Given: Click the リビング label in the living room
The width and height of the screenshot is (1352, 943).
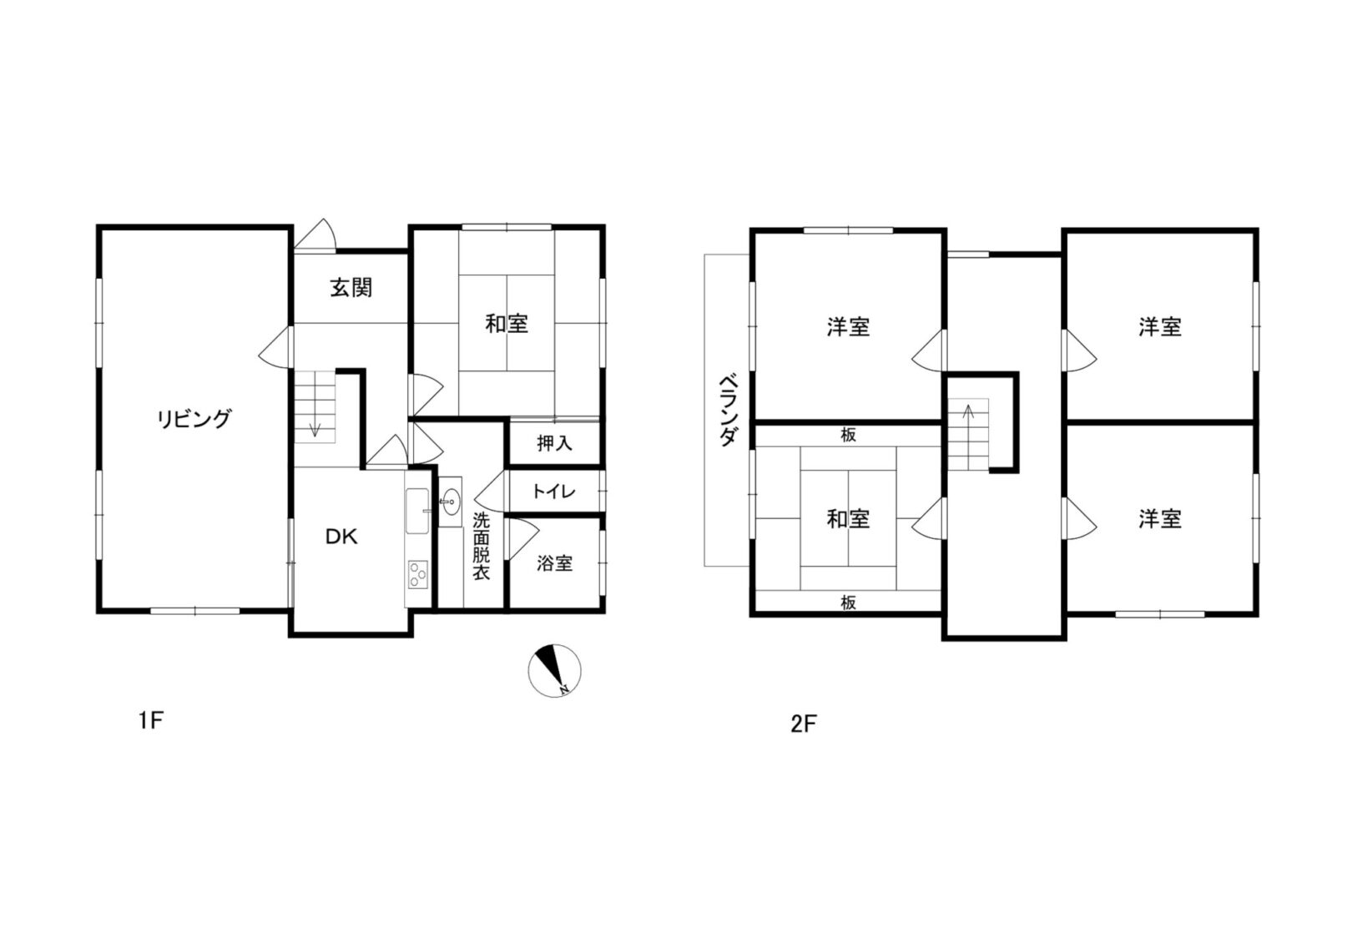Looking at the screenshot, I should click(194, 419).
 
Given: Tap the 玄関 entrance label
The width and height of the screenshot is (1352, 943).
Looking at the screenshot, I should click(351, 289).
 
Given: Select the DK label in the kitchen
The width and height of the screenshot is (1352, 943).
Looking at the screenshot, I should click(341, 537).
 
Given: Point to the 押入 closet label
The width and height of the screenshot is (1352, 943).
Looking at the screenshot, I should click(554, 443).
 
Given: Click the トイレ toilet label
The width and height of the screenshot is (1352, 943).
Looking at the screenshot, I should click(554, 492).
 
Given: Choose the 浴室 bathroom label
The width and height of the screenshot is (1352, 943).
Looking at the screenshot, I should click(554, 563).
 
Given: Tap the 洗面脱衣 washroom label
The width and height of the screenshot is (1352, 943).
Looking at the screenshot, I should click(482, 547).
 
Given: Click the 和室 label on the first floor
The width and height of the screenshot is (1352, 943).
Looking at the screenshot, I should click(507, 324).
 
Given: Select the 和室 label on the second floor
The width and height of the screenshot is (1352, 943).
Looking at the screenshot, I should click(848, 519).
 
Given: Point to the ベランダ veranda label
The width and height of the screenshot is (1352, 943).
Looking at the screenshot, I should click(728, 409).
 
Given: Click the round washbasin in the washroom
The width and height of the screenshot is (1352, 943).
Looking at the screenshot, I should click(451, 502).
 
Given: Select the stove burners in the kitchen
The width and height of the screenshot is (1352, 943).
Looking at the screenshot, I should click(417, 574).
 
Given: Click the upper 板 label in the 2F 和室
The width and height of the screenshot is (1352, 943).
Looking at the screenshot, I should click(848, 435).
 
